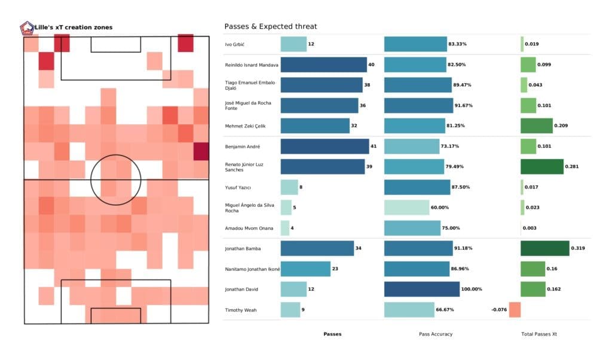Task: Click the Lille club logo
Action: click(x=27, y=28)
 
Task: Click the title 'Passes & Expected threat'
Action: click(x=270, y=26)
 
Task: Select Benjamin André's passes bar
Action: click(x=325, y=147)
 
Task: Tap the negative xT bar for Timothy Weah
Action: click(x=515, y=310)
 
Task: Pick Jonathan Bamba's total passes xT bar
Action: click(x=544, y=248)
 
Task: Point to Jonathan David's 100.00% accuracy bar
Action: click(x=422, y=289)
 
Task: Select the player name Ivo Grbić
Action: click(x=237, y=45)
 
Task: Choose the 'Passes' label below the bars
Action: click(x=332, y=334)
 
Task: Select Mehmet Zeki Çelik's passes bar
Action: click(x=315, y=126)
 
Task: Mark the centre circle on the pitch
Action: click(x=116, y=179)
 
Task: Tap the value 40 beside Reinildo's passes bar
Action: click(x=371, y=65)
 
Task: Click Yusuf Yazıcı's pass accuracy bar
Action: click(x=417, y=187)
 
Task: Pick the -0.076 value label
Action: click(x=498, y=310)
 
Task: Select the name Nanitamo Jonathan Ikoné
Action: click(x=252, y=269)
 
